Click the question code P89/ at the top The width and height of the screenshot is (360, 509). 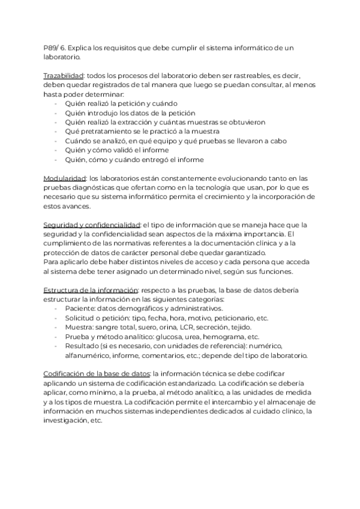point(52,47)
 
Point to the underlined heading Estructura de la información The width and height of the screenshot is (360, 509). point(91,291)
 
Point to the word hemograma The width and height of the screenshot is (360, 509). point(226,336)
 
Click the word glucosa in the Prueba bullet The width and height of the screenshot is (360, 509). point(170,336)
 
